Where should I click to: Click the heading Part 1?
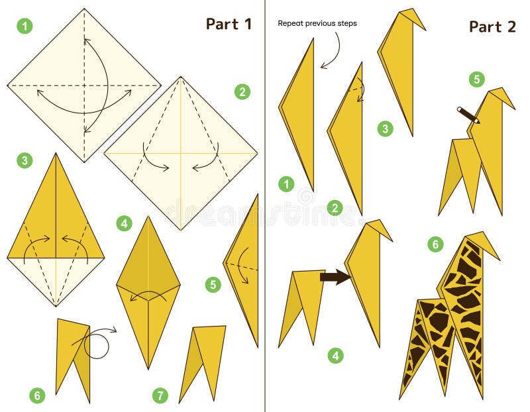(229, 24)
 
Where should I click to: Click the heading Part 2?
(492, 26)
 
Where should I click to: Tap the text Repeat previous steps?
(317, 23)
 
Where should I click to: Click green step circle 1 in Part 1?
(25, 26)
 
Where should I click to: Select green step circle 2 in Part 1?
(242, 92)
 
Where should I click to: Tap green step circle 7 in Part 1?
(160, 396)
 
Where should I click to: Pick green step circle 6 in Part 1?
(37, 396)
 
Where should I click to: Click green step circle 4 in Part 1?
(124, 223)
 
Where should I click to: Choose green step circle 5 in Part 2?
(476, 79)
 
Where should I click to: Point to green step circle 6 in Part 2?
(435, 244)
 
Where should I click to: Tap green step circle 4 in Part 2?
(336, 356)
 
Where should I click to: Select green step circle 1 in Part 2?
(286, 184)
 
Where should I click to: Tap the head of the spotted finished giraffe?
(482, 242)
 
